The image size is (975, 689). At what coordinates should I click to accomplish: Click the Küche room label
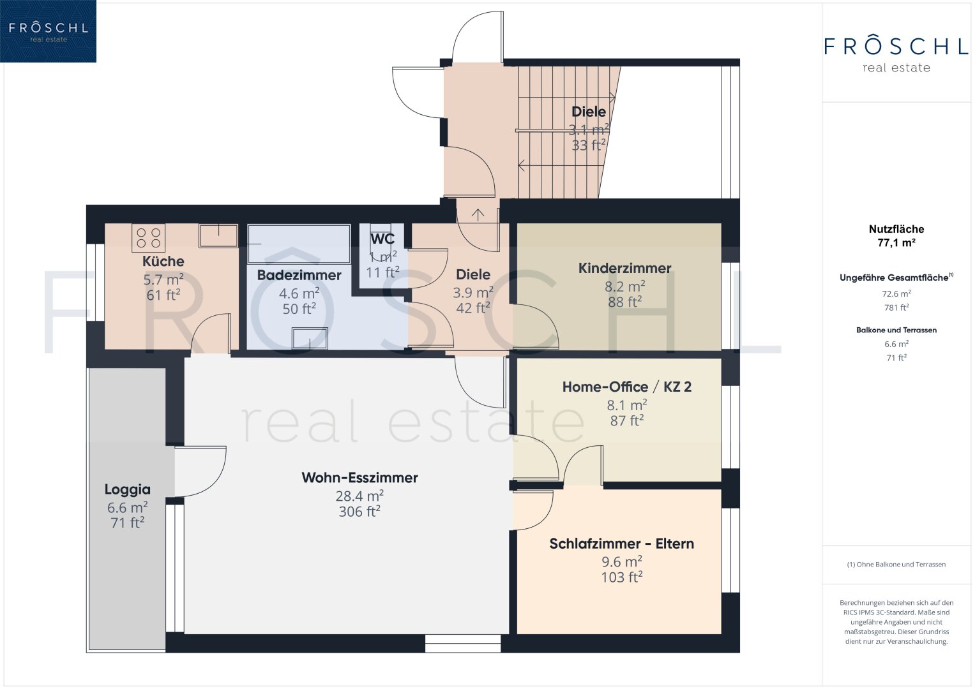[163, 261]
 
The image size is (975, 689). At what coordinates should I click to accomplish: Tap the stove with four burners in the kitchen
[148, 238]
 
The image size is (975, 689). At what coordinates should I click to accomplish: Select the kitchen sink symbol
[218, 236]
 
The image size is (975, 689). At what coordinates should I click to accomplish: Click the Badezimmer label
[299, 275]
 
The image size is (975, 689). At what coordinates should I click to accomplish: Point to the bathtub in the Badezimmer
[299, 244]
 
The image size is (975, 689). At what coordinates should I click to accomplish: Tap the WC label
[382, 239]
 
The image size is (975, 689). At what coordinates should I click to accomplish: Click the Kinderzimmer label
[624, 268]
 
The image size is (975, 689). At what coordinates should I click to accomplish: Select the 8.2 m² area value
[624, 286]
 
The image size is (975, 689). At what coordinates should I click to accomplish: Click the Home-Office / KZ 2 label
[627, 387]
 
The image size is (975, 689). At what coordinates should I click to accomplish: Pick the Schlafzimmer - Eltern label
[621, 544]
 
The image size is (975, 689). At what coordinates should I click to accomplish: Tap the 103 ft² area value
[621, 577]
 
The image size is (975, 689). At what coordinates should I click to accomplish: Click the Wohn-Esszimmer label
[359, 478]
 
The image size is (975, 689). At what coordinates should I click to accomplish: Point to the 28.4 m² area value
[359, 496]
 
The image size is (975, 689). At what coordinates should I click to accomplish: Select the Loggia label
[128, 489]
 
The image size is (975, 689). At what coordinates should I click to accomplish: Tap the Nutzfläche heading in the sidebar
[896, 229]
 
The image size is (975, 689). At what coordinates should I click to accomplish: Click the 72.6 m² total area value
[896, 293]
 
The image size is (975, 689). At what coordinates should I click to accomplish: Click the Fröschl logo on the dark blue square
[49, 31]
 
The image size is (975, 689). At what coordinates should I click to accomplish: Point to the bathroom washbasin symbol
[310, 338]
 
